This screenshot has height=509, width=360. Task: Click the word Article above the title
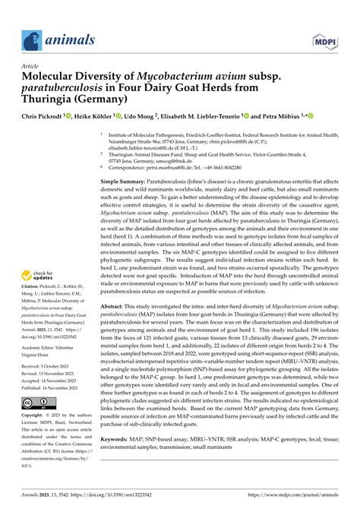(32, 66)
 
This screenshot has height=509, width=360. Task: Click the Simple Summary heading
(130, 182)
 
